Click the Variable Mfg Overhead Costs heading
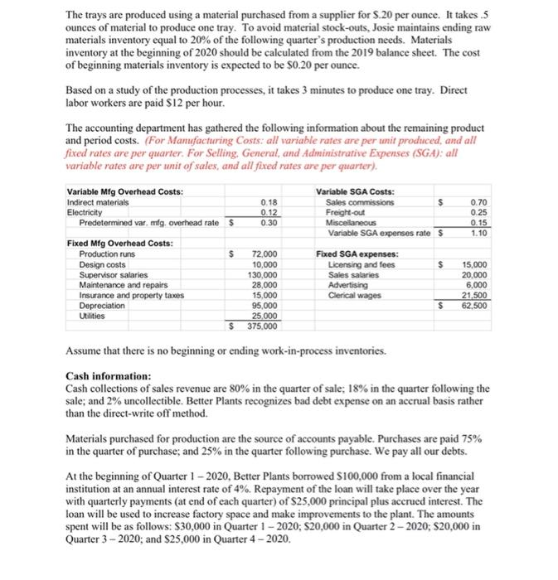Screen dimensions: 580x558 pyautogui.click(x=124, y=192)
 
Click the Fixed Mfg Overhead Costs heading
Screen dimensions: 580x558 pyautogui.click(x=119, y=242)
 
